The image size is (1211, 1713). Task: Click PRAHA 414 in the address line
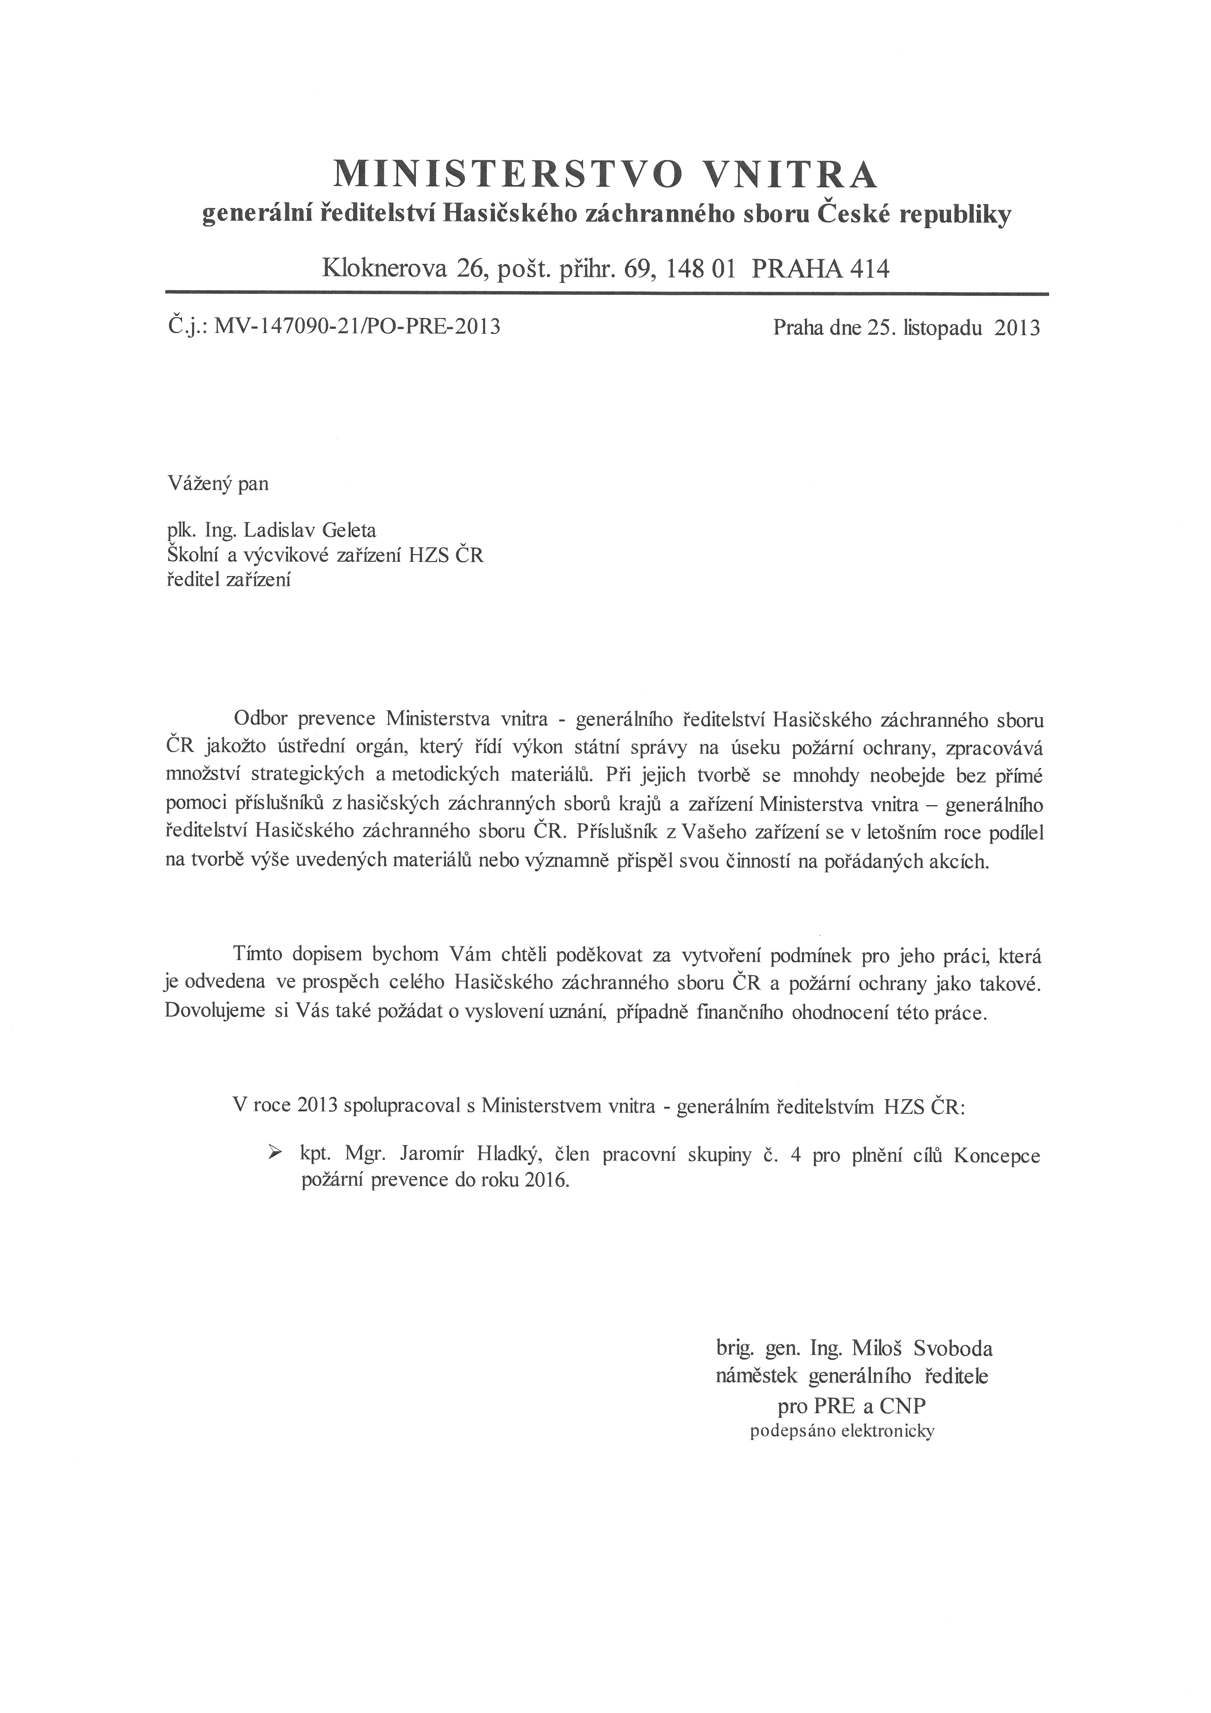[x=821, y=267]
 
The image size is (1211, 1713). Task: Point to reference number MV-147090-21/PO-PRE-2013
[x=357, y=327]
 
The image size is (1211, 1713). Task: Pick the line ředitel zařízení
[x=228, y=579]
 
